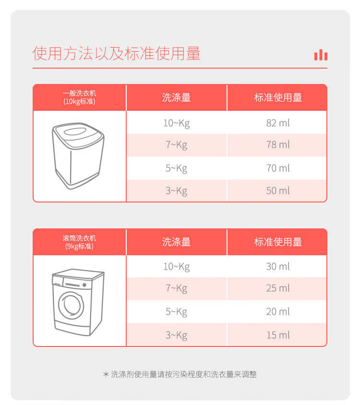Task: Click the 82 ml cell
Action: pos(278,123)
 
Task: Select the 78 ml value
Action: pos(278,144)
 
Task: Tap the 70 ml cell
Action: pos(278,168)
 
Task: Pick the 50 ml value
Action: pos(278,191)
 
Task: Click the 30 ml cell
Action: pos(278,266)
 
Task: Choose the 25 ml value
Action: pos(278,288)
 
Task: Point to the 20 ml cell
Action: pos(278,312)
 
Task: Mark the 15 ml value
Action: pos(278,335)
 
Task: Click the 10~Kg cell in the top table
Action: pos(177,123)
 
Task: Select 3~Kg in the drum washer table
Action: pos(177,335)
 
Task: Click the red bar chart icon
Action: pos(321,55)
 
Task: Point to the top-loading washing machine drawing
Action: pos(78,156)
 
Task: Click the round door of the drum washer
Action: pos(71,305)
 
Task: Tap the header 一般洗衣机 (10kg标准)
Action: pos(79,97)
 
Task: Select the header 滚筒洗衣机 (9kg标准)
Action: pos(79,242)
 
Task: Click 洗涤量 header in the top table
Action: pos(177,97)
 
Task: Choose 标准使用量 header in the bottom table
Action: pos(278,242)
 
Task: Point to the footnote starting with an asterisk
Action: pos(180,374)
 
